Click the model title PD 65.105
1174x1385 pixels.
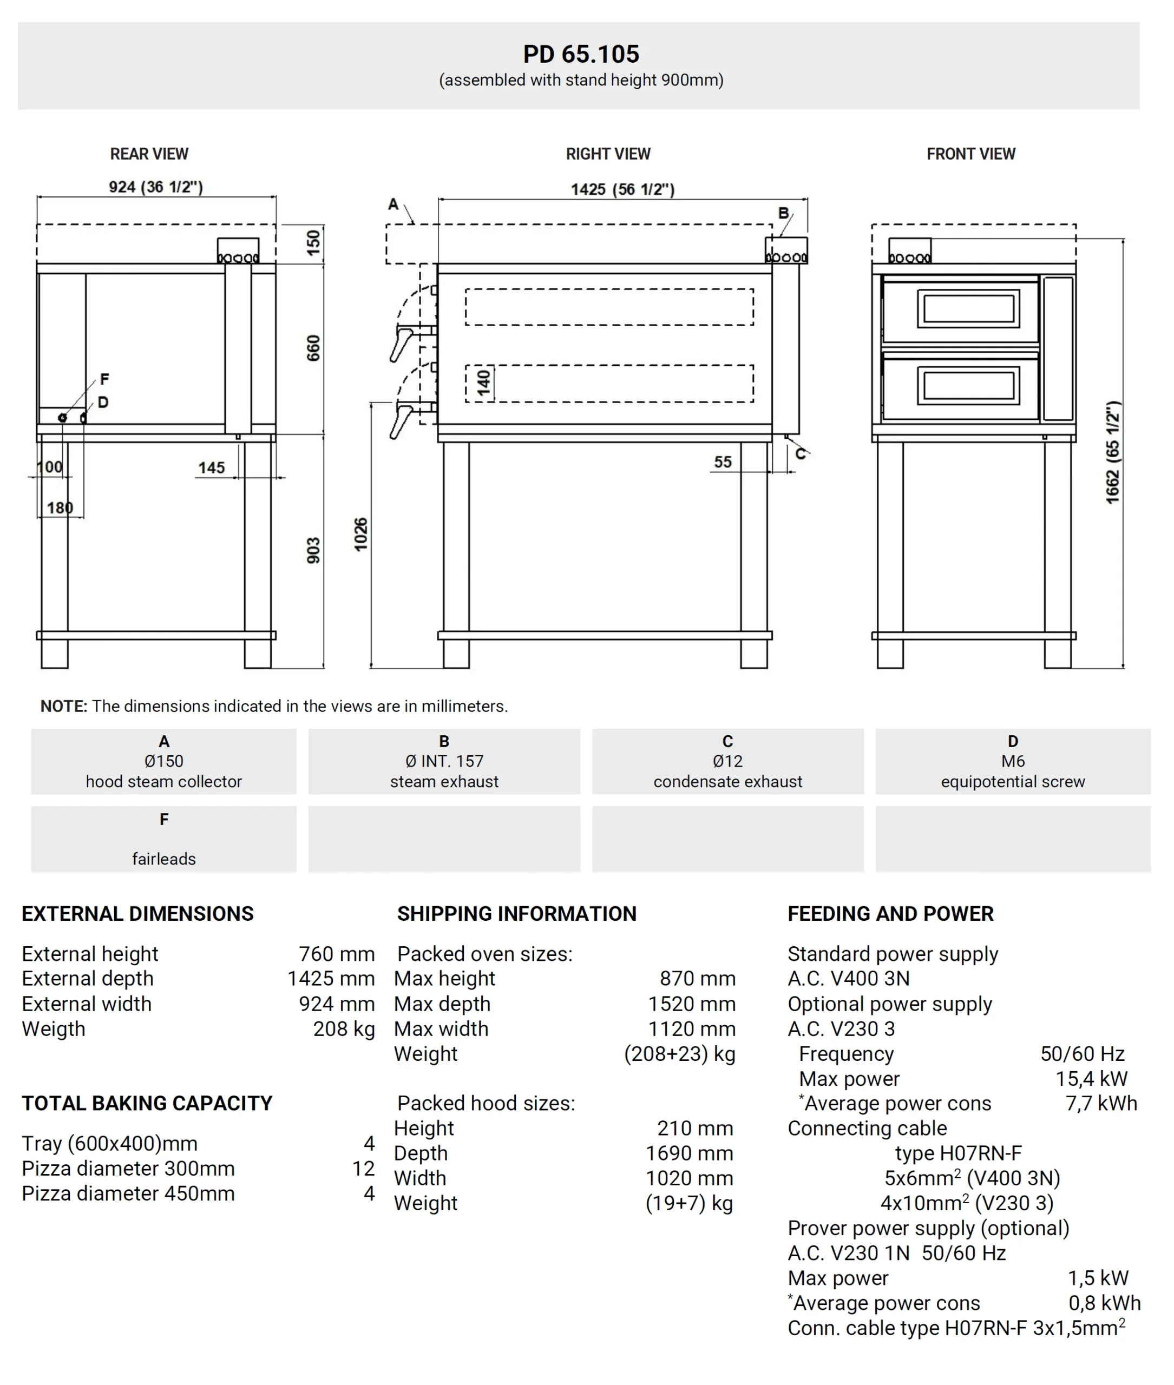coord(580,54)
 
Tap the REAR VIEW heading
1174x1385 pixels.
coord(149,154)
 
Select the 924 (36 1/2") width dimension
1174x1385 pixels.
coord(156,187)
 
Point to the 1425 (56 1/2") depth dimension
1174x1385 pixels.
coord(622,189)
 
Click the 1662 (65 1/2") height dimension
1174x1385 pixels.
coord(1112,452)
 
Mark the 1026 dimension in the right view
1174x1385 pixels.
coord(360,534)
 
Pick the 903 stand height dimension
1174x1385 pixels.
coord(313,551)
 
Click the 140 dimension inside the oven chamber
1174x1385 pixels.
coord(484,382)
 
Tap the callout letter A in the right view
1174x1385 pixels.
coord(393,204)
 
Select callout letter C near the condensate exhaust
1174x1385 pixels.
coord(801,454)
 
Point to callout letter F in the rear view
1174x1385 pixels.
coord(104,379)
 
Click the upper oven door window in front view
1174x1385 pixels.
coord(968,309)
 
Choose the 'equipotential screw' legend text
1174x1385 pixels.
coord(1012,782)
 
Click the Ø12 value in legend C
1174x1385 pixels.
coord(727,761)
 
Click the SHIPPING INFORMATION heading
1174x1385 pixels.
coord(516,914)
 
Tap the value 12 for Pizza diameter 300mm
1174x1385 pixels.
coord(363,1169)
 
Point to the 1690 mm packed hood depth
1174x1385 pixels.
coord(690,1153)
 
